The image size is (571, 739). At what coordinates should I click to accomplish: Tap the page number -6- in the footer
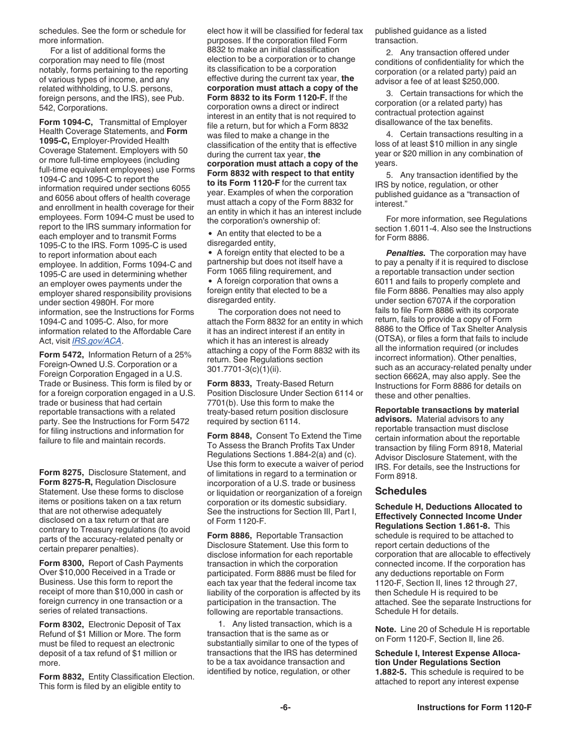(x=285, y=707)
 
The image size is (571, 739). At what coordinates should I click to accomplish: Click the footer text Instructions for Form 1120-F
(x=474, y=707)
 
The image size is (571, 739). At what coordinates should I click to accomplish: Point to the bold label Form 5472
(x=61, y=355)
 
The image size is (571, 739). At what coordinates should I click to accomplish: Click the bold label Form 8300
(x=61, y=563)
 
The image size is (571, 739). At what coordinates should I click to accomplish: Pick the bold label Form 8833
(x=230, y=383)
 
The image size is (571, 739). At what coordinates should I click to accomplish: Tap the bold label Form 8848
(x=230, y=436)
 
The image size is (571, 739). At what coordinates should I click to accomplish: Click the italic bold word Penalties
(x=406, y=253)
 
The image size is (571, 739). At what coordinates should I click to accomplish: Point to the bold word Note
(x=385, y=630)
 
